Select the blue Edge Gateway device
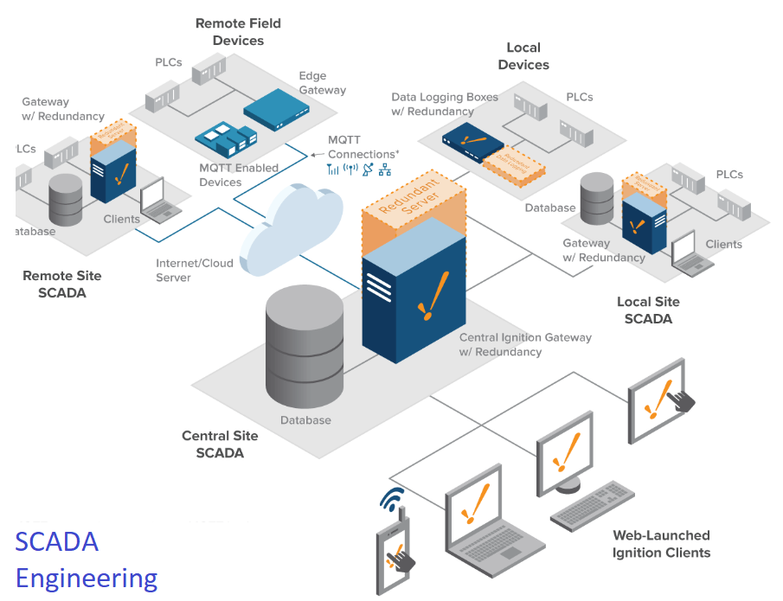[276, 108]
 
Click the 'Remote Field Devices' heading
[238, 32]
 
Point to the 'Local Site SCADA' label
[648, 310]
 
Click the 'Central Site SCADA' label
[220, 444]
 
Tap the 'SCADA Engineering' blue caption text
[86, 559]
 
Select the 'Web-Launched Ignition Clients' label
[661, 544]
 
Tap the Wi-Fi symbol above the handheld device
[392, 500]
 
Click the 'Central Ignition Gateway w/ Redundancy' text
[524, 344]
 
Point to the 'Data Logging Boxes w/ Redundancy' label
[445, 105]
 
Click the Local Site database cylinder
[597, 200]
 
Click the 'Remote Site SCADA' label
[61, 284]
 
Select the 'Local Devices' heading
[523, 56]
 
